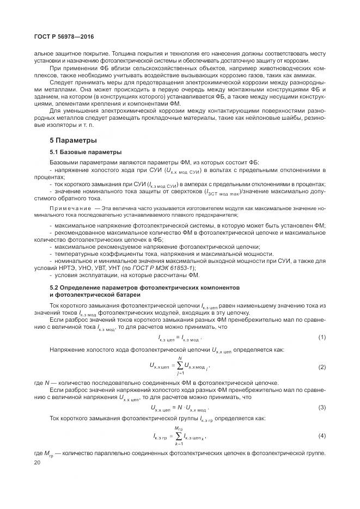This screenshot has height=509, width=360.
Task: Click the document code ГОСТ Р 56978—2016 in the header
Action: [65, 36]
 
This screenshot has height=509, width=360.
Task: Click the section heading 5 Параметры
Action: [74, 140]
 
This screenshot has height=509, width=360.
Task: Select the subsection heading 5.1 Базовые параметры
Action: [86, 151]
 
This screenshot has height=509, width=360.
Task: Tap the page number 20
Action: [37, 462]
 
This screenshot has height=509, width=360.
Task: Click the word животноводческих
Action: [288, 69]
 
